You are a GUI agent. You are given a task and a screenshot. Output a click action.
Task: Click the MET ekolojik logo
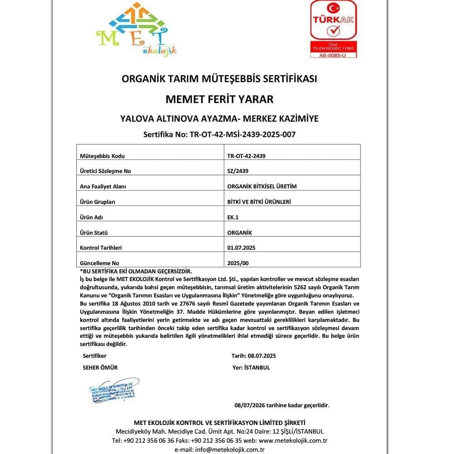click(136, 30)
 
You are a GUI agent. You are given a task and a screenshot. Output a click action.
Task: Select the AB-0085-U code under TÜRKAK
click(333, 55)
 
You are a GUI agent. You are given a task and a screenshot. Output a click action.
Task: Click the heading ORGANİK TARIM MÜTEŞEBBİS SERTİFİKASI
click(219, 78)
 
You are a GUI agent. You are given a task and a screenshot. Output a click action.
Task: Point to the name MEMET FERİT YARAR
click(219, 99)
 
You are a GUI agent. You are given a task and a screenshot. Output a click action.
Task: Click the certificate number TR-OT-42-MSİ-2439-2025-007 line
click(219, 134)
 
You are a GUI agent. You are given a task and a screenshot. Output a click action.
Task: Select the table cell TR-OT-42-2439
click(247, 156)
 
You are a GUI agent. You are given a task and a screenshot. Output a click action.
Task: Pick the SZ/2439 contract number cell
click(238, 171)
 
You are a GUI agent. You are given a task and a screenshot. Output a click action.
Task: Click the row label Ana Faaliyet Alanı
click(103, 187)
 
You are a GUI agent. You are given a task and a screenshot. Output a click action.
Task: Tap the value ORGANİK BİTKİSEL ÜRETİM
click(262, 187)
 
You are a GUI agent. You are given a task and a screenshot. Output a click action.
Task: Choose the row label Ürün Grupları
click(98, 202)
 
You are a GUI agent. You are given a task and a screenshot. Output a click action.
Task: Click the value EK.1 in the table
click(233, 217)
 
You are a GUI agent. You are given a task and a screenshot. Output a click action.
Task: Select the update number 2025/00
click(238, 263)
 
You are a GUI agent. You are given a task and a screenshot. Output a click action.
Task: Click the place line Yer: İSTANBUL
click(251, 368)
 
